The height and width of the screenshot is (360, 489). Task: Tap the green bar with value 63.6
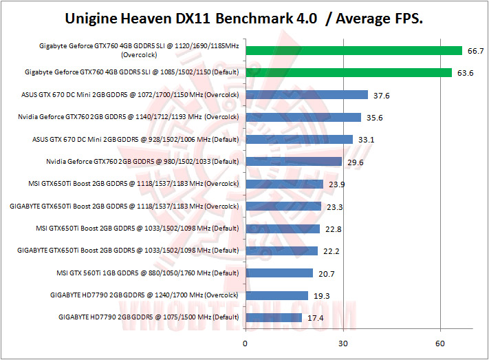click(348, 73)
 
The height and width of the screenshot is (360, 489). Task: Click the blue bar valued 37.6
click(306, 95)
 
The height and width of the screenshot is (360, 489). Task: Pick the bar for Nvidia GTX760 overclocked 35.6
click(303, 117)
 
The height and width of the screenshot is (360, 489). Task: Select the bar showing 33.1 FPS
click(298, 139)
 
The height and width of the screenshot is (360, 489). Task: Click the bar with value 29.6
click(293, 162)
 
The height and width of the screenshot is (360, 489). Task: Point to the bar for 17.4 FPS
click(273, 317)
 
